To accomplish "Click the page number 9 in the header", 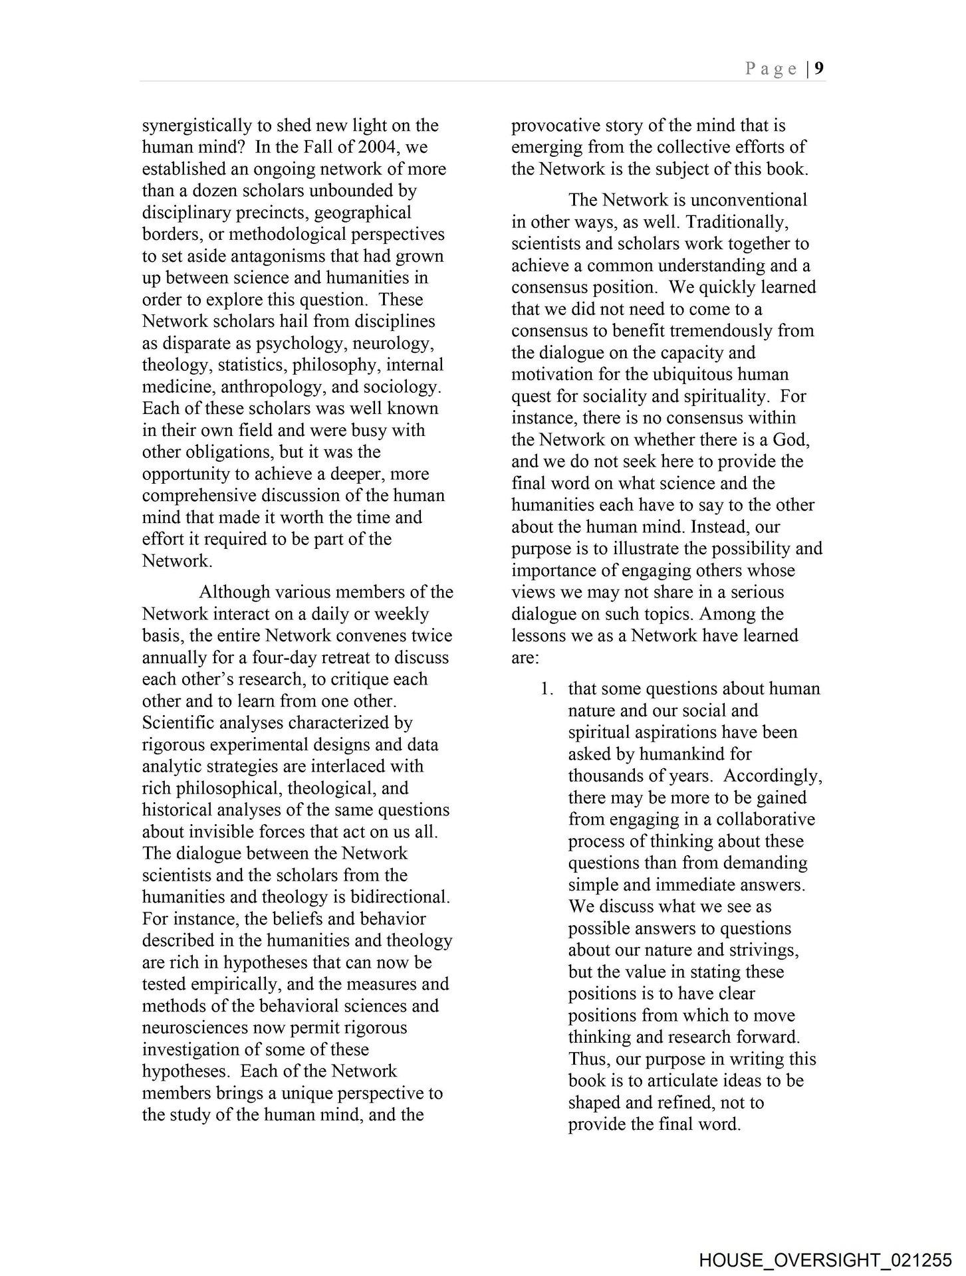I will [x=820, y=68].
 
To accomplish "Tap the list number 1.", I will [x=546, y=689].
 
